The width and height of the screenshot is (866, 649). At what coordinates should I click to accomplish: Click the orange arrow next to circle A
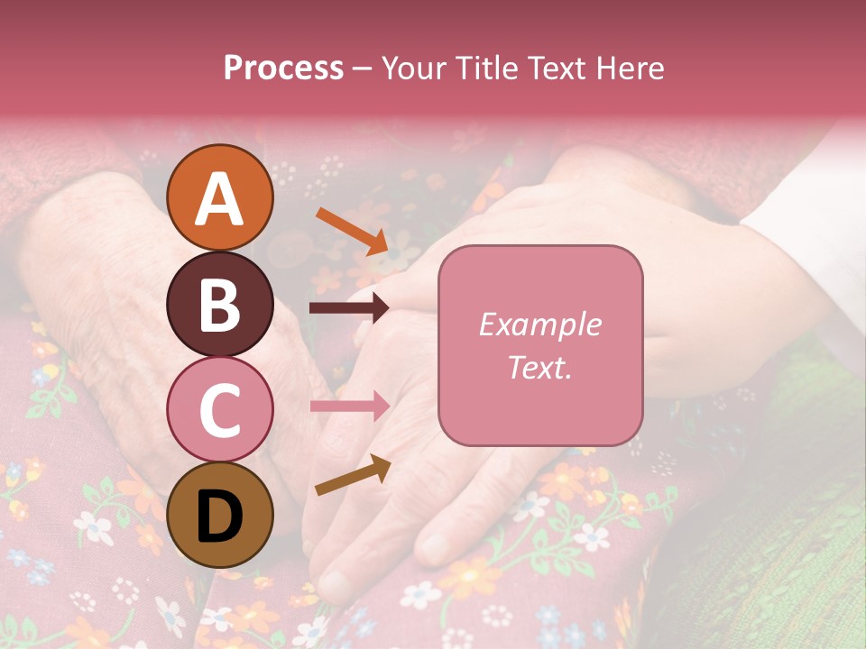coord(353,231)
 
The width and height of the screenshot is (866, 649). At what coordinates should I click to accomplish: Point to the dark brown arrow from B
coord(350,308)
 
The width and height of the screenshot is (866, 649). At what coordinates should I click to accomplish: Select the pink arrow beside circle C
coord(350,407)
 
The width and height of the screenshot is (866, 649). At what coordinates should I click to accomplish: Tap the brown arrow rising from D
coord(353,475)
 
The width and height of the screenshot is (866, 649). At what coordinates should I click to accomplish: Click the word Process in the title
coord(283,69)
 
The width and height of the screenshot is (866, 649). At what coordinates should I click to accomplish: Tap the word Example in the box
coord(540,324)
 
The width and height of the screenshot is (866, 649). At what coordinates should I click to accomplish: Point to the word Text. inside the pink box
coord(540,367)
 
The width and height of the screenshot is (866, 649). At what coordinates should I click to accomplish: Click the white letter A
coord(220,199)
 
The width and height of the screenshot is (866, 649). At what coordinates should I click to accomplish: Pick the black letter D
coord(220,516)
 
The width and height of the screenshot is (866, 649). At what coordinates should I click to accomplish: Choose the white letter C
coord(220,410)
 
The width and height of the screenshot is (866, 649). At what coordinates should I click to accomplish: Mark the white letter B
coord(220,305)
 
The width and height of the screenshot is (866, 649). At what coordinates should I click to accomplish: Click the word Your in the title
coord(414,69)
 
